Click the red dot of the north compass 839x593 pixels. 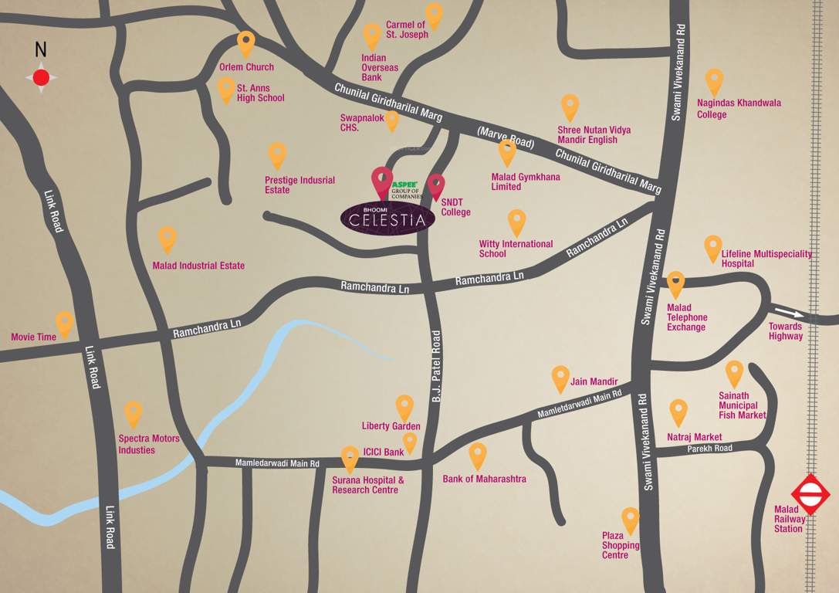[x=41, y=77]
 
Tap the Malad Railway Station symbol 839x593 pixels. [x=810, y=494]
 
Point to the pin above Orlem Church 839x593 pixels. [x=245, y=43]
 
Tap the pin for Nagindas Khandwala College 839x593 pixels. [x=714, y=81]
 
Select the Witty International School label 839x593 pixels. [x=516, y=249]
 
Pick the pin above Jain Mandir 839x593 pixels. [x=560, y=378]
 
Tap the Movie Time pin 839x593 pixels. [x=65, y=324]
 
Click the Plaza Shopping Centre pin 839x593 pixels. [x=631, y=520]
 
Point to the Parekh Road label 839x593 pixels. [x=710, y=448]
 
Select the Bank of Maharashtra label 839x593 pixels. [x=484, y=479]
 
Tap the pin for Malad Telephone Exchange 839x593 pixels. [x=675, y=283]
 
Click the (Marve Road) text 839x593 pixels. [x=506, y=137]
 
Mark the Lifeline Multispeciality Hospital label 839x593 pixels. [x=766, y=258]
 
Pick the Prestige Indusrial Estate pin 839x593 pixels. [x=277, y=154]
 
